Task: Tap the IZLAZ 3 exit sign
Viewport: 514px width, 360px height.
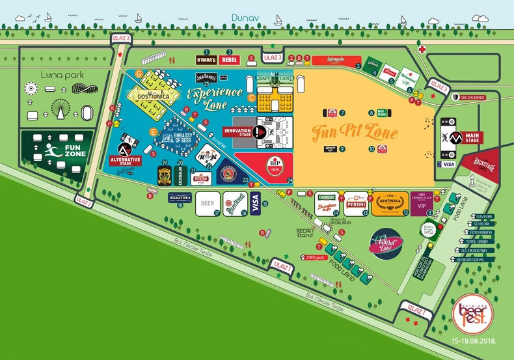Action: (121, 38)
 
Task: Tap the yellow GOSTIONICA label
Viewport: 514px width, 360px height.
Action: (154, 96)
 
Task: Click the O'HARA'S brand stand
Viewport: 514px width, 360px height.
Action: (206, 60)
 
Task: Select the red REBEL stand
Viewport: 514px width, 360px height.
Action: (229, 60)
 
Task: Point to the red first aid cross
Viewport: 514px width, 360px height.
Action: (422, 49)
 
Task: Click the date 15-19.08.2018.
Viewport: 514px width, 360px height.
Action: (470, 340)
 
